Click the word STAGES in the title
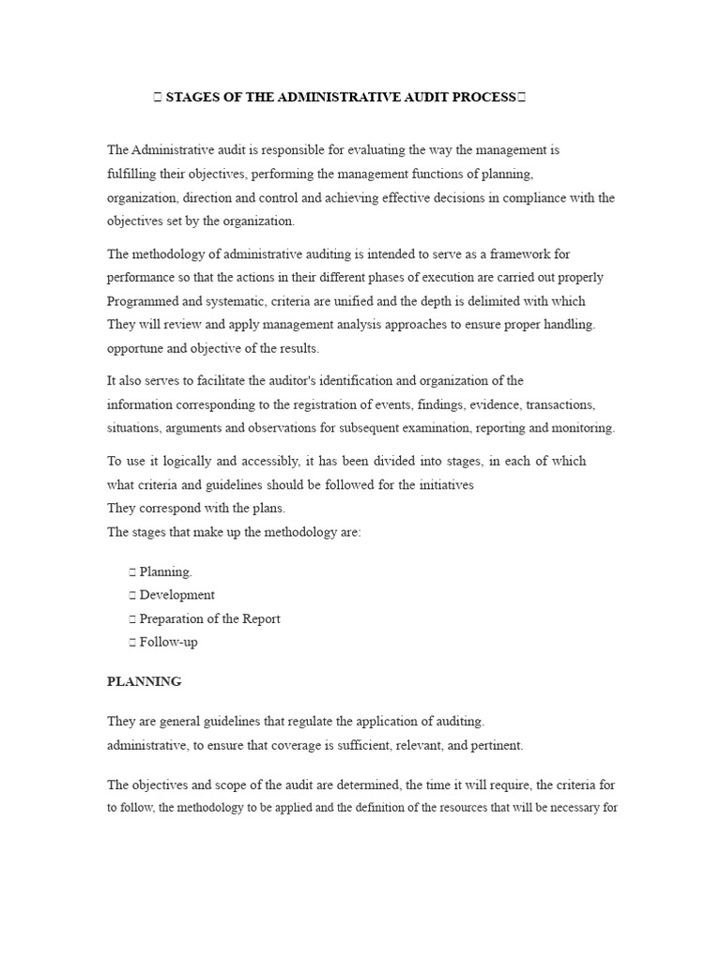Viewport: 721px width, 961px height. pos(193,97)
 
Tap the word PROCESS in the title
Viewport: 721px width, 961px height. pos(479,97)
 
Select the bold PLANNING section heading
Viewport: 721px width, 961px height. pos(145,681)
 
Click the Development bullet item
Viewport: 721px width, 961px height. pos(176,594)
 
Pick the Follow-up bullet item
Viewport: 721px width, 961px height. pos(168,642)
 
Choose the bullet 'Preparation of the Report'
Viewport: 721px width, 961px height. pos(209,618)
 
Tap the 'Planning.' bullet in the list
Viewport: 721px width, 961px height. pos(166,571)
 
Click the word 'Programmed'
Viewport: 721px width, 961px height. pos(144,301)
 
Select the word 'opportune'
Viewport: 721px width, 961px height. pos(135,348)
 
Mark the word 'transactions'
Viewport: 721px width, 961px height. pos(560,404)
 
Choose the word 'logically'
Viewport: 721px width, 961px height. pos(182,461)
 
